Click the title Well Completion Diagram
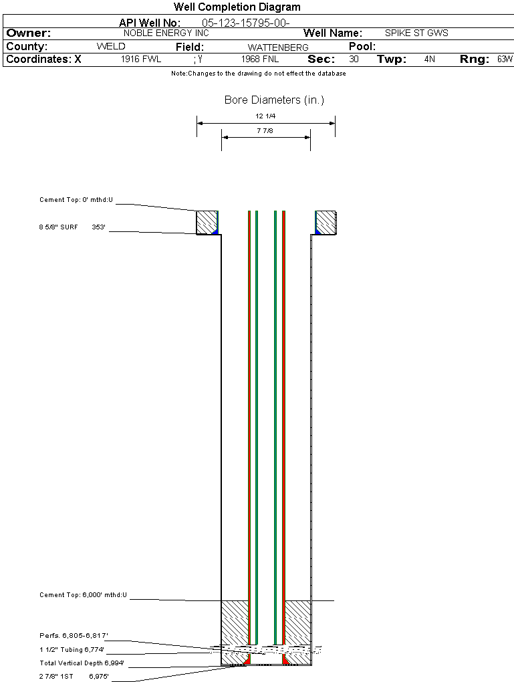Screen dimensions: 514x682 [x=237, y=7]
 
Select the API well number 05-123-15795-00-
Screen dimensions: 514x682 [x=246, y=23]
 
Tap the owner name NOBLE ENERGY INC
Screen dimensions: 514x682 [x=166, y=33]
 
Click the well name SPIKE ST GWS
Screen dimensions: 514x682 [x=416, y=33]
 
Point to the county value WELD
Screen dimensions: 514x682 [x=111, y=47]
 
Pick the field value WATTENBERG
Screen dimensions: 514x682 [x=278, y=47]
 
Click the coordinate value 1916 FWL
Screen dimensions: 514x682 [x=141, y=59]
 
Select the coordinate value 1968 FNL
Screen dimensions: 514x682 [x=260, y=59]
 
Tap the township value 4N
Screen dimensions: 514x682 [x=430, y=59]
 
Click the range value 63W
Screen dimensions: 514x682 [x=505, y=59]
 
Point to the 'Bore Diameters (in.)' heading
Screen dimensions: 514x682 [x=275, y=100]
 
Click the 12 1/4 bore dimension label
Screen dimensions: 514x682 [x=265, y=116]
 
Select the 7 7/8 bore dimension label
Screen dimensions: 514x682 [x=265, y=130]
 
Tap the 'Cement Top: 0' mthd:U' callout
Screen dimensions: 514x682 [x=76, y=200]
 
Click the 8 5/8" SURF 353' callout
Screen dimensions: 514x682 [x=72, y=227]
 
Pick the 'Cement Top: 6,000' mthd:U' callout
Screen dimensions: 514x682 [x=83, y=595]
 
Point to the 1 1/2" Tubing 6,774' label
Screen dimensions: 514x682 [x=72, y=650]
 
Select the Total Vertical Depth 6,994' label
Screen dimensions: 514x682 [x=82, y=663]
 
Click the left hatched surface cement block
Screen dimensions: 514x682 [x=207, y=223]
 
